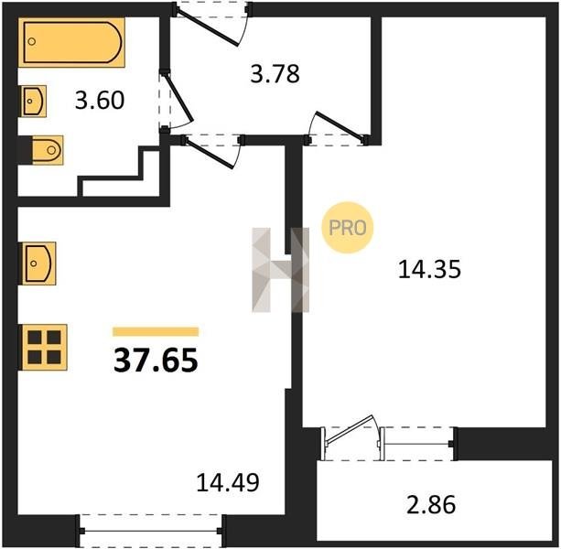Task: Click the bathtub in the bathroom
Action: point(71,42)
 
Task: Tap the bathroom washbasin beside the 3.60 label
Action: point(34,102)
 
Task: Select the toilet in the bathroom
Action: point(48,150)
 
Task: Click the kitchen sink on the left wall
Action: point(38,264)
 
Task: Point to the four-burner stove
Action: point(44,347)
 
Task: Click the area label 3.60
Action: point(100,100)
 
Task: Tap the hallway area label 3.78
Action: point(275,74)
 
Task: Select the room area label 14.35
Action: point(429,269)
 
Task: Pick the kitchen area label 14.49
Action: point(228,482)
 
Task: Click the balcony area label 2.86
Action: point(431,504)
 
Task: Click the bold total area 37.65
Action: point(156,361)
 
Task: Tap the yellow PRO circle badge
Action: point(348,228)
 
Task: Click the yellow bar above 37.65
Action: point(156,331)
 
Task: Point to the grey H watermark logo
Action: point(280,270)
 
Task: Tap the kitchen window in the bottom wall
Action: point(151,531)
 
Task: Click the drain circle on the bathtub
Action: point(32,41)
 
